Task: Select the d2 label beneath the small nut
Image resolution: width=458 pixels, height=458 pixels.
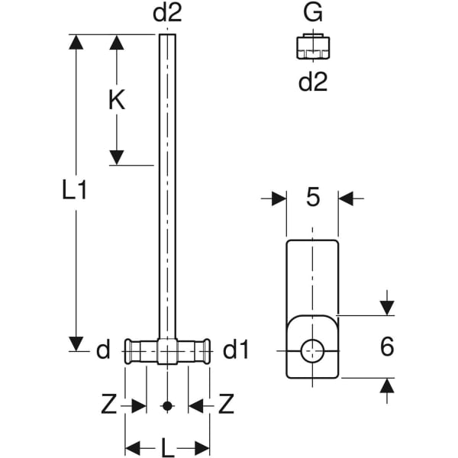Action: coord(311,81)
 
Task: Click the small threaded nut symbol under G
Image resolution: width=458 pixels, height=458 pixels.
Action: coord(311,47)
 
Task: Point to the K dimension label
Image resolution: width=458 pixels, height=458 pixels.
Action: coord(116,100)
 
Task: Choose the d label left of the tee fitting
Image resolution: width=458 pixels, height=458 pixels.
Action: coord(104,351)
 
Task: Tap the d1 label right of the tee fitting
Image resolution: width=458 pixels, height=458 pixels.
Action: coord(237,351)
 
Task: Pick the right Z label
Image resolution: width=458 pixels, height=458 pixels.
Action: coord(225,405)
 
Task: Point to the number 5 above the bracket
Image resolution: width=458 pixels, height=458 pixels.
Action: coord(312,198)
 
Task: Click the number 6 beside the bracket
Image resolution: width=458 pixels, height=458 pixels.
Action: coord(387,347)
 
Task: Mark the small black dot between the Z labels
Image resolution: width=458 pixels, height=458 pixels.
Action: coord(167,405)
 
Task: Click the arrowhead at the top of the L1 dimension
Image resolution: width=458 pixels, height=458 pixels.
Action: coord(75,41)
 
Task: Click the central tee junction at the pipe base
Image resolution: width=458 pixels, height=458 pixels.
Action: coord(167,351)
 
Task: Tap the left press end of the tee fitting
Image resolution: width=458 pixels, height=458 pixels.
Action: coord(132,351)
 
